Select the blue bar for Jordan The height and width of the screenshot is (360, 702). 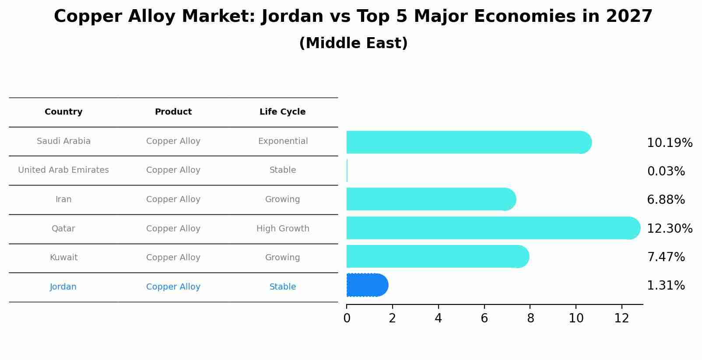click(x=367, y=285)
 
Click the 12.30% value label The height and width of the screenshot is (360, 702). click(x=670, y=229)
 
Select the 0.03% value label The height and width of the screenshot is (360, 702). click(x=666, y=171)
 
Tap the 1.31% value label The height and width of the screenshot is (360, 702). click(x=666, y=286)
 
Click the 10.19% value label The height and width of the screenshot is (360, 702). click(x=670, y=143)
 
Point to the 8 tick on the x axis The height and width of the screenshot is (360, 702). click(x=530, y=318)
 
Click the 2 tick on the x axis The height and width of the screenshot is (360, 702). click(x=393, y=318)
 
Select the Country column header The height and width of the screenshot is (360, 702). click(x=63, y=112)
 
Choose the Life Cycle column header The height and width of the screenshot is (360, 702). click(x=282, y=112)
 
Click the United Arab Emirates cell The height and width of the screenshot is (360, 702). click(x=63, y=170)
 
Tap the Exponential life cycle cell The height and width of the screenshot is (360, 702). click(x=283, y=141)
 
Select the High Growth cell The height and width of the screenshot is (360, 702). click(x=283, y=229)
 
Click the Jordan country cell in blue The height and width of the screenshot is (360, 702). click(x=63, y=287)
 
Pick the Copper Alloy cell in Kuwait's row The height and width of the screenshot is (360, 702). click(x=173, y=258)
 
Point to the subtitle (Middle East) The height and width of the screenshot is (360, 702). click(x=353, y=43)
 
